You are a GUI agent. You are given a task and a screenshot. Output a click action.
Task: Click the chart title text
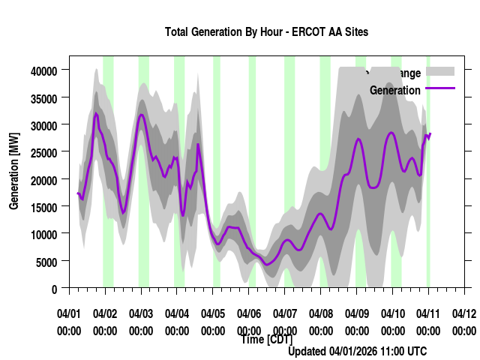pos(266,32)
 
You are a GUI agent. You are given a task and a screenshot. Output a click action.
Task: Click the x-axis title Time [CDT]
pos(266,340)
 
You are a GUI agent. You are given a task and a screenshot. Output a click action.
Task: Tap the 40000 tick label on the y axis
pos(44,70)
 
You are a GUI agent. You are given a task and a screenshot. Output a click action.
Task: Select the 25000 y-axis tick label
pos(44,152)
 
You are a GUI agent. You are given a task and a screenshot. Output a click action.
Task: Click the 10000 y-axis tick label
pos(44,234)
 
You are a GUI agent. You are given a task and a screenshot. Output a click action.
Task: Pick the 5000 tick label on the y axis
pos(46,261)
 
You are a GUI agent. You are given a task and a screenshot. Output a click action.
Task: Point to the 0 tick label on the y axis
pos(54,289)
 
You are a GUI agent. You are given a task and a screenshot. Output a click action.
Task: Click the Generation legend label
pos(394,91)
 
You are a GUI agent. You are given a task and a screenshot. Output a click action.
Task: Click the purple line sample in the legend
pos(440,88)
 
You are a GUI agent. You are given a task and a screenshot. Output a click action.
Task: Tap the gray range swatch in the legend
pos(440,71)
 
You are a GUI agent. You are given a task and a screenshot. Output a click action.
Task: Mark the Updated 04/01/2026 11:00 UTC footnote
pos(358,351)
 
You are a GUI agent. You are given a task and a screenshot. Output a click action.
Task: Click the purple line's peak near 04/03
pos(141,115)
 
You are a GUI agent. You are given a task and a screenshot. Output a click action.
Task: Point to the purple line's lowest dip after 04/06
pos(268,263)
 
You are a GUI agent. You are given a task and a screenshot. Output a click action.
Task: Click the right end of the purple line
pos(430,133)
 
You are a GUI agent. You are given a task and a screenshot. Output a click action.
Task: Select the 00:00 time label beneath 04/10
pos(393,331)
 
